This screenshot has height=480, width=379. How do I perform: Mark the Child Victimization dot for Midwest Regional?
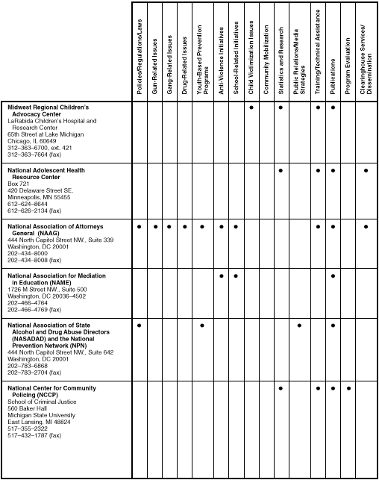(x=252, y=107)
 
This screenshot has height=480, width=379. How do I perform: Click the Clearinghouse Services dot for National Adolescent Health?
(x=366, y=171)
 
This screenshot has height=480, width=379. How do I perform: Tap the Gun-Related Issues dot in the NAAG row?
(x=155, y=225)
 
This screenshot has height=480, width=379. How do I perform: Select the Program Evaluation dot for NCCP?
(x=349, y=388)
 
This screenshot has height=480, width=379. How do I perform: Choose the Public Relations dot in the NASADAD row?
(x=299, y=326)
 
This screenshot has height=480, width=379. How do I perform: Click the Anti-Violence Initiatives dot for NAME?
(x=222, y=276)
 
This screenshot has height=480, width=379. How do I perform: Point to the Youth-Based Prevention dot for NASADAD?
(x=202, y=326)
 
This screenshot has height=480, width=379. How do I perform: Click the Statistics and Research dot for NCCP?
(x=281, y=388)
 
